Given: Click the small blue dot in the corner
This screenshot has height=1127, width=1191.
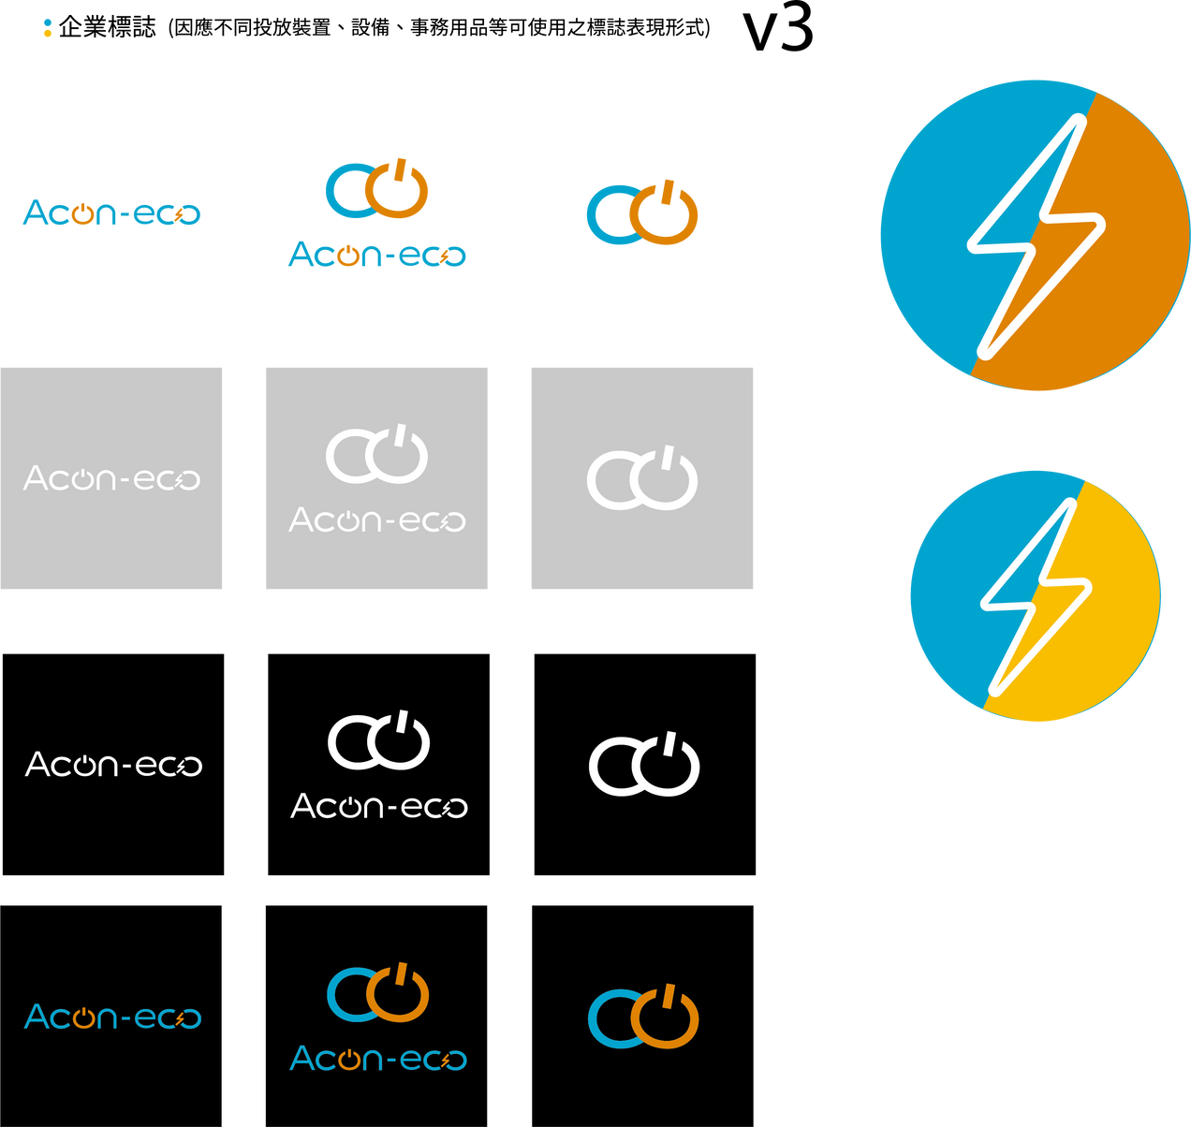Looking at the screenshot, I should coord(48,22).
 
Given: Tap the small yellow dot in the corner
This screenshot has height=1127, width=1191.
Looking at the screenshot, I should coord(48,34).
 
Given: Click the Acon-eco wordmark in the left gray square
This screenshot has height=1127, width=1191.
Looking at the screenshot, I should coord(111,478).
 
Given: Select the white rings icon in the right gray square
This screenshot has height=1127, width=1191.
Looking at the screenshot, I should coord(642,479).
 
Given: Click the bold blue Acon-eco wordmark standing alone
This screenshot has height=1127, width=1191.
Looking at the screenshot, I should coord(111,212).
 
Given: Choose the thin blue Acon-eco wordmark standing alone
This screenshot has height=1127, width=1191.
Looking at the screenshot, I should coord(112,1017).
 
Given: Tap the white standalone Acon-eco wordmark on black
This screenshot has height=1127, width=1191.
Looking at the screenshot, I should coord(113,765).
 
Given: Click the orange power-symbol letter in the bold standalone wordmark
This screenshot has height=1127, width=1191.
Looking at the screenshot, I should coord(82,214).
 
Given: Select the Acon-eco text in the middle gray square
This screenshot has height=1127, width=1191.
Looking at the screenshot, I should coord(376,520).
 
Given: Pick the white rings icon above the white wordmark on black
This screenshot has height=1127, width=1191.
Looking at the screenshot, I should coord(378,740).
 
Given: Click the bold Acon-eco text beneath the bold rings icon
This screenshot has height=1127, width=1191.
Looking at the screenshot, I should coord(376,254).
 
